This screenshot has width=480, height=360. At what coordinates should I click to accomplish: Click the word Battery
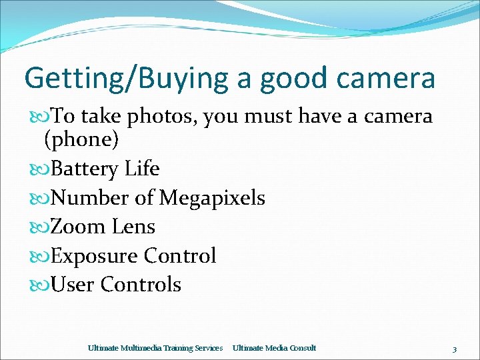click(85, 169)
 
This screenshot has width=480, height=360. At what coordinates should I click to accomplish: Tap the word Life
click(142, 169)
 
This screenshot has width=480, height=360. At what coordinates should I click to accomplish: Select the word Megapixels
click(212, 198)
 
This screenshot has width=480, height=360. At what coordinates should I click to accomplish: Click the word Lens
click(133, 227)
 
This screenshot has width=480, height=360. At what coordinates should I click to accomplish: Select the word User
click(73, 285)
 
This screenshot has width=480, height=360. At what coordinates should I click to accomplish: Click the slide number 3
click(454, 349)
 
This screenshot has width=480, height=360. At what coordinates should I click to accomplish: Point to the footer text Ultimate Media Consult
click(274, 348)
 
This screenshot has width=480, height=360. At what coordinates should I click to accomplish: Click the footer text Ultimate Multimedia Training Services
click(155, 348)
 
